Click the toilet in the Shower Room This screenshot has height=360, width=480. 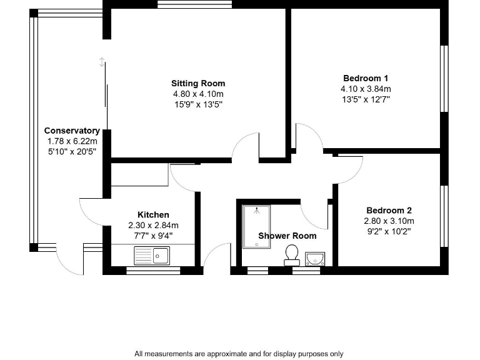(x=291, y=254)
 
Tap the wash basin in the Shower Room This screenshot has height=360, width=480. (x=316, y=258)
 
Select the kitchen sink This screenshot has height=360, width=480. (x=152, y=255)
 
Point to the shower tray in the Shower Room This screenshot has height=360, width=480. (x=256, y=226)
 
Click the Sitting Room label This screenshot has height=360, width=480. (x=198, y=83)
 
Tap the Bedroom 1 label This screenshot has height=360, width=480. (x=366, y=78)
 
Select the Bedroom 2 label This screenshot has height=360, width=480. (x=389, y=211)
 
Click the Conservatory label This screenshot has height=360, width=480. (x=72, y=131)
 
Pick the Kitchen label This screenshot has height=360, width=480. (x=153, y=215)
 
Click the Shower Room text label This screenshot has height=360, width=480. (x=287, y=236)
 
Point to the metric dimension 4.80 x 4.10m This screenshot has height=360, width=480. (x=198, y=94)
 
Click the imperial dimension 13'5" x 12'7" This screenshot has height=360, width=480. (x=366, y=99)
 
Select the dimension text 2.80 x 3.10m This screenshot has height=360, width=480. (x=389, y=221)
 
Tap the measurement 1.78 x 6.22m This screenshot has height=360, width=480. (x=72, y=141)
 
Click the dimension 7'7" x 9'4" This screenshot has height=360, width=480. (x=153, y=236)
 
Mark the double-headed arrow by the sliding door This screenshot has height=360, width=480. (x=102, y=62)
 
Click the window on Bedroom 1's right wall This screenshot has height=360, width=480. (x=444, y=78)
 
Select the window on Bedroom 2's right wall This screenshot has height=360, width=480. (x=444, y=216)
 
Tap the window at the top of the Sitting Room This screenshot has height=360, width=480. (x=195, y=4)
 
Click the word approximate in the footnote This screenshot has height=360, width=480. (x=209, y=354)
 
